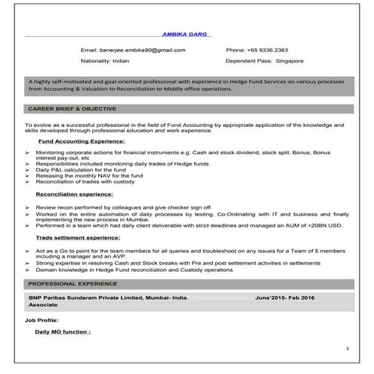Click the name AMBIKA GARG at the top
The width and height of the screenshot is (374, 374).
coord(187,34)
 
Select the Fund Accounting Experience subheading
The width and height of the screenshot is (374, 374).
coord(81,141)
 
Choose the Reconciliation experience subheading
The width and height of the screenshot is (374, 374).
coord(74,194)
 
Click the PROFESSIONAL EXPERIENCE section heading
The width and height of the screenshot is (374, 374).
coord(71,283)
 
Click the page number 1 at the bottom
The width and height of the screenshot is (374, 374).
coord(346,348)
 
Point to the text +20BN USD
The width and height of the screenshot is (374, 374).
coord(326,225)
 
